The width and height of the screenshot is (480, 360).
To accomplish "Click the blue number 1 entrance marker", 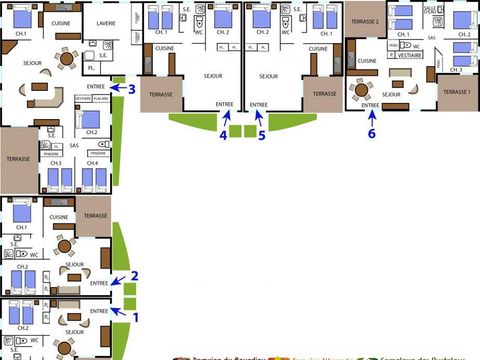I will click(x=138, y=317).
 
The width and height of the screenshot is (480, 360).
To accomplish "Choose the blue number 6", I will click(x=371, y=132).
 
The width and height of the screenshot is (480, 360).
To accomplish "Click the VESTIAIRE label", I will click(x=410, y=57).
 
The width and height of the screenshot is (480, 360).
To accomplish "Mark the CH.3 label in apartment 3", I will click(x=56, y=163).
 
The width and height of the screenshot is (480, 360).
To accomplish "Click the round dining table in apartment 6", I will click(x=359, y=89).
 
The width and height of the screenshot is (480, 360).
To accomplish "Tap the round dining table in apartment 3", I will click(x=66, y=59).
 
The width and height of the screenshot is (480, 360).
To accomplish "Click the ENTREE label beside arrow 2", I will click(x=99, y=283).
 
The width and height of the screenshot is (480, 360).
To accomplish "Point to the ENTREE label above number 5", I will click(x=259, y=104).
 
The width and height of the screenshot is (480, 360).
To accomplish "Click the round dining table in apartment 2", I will click(x=65, y=245).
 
